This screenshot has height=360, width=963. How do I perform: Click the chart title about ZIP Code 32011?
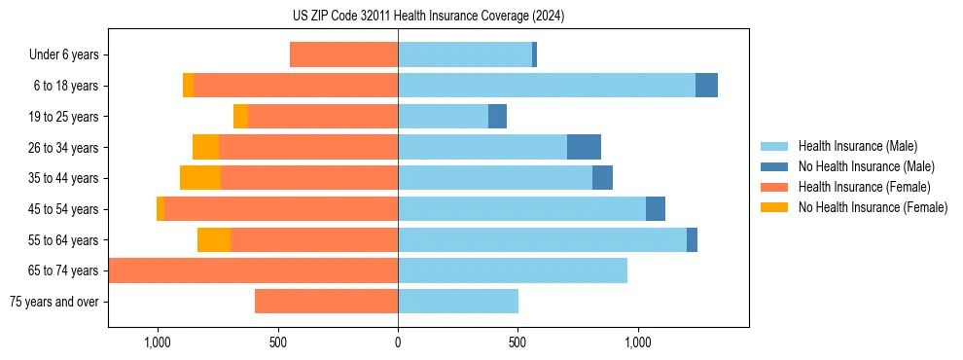pos(428,16)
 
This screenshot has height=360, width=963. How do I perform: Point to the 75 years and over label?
pos(54,302)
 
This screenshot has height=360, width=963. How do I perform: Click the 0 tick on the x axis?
pos(398,342)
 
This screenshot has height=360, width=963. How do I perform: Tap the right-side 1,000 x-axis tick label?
pos(638,342)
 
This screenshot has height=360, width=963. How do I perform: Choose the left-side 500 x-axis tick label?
pos(277,342)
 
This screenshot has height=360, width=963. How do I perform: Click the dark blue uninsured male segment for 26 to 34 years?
pos(584,147)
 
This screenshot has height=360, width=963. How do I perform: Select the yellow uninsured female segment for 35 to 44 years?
pos(200,178)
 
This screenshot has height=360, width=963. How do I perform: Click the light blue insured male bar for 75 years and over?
pos(458,302)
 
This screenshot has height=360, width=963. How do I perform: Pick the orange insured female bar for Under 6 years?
pos(343,55)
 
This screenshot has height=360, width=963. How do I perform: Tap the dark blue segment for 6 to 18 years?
pos(706,86)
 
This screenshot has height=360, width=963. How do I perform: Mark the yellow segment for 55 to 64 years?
pos(214,239)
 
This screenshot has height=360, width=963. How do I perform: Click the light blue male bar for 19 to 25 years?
pos(443,117)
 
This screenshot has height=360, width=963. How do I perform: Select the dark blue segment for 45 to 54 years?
pos(656,209)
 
